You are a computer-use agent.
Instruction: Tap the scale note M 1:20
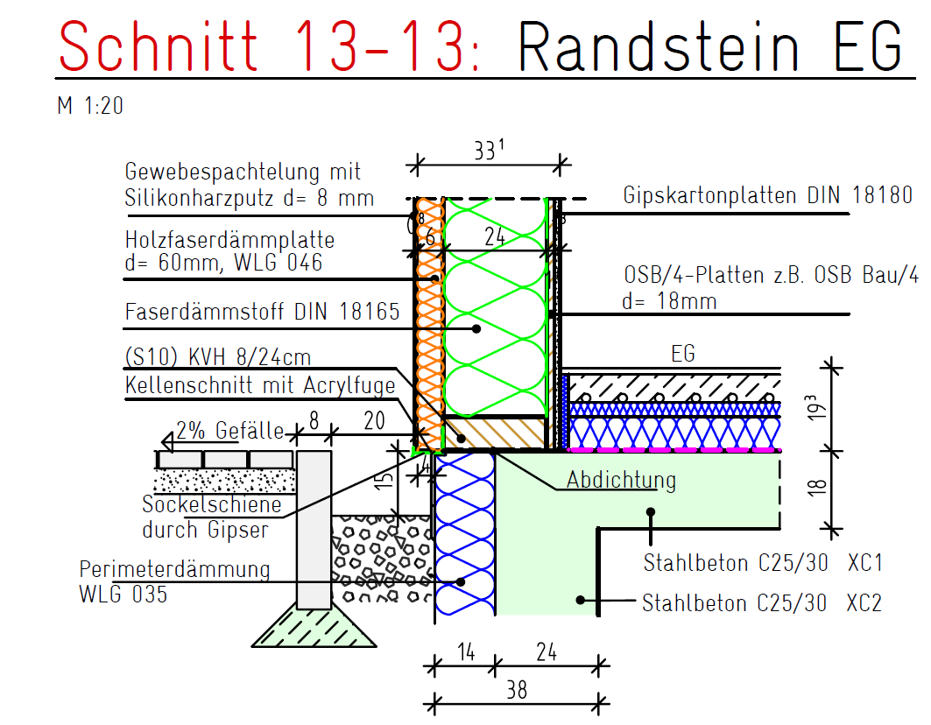click(90, 107)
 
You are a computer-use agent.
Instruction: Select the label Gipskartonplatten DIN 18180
click(767, 195)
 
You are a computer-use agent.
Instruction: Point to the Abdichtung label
click(621, 480)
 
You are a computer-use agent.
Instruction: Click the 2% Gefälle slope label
click(229, 430)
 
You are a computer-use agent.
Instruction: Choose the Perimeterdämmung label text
click(174, 570)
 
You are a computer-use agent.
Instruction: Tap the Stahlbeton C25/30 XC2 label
click(761, 603)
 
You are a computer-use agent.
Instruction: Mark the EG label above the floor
click(682, 354)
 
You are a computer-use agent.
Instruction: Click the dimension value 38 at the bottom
click(517, 689)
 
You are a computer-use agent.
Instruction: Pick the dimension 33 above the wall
click(489, 151)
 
